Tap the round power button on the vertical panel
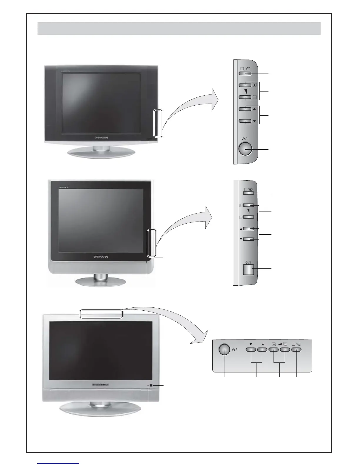click(x=245, y=149)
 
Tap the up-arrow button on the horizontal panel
click(x=262, y=350)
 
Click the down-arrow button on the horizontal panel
click(x=251, y=350)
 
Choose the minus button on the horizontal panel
click(x=274, y=350)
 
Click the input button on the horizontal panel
click(x=296, y=350)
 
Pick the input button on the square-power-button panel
click(x=249, y=193)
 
